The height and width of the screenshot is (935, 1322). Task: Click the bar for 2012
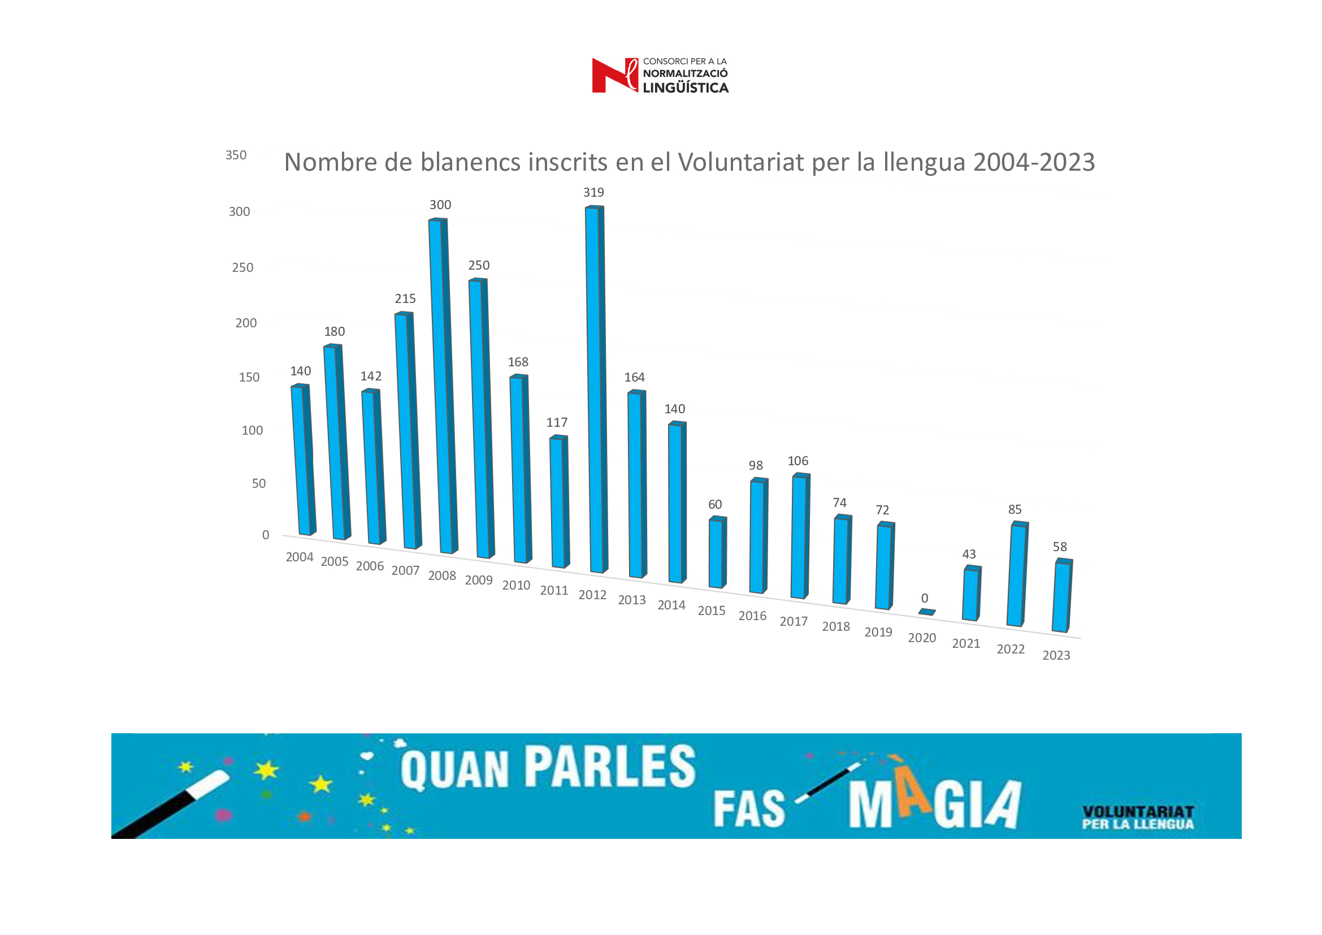(595, 389)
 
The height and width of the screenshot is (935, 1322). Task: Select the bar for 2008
(443, 386)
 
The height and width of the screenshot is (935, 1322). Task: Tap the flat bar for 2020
(926, 612)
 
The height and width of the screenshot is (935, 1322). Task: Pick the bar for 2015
(717, 553)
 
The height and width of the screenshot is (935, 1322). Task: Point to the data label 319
(593, 192)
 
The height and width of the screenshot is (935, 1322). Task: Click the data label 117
(557, 423)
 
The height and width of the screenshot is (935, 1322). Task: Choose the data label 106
(797, 461)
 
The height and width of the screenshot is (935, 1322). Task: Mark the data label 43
(969, 555)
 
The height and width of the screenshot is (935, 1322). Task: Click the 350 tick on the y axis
(236, 155)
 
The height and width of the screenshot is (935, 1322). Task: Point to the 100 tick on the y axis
(252, 431)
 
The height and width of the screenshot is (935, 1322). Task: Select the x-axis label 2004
(300, 557)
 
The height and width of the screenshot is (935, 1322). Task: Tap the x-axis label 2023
(1056, 655)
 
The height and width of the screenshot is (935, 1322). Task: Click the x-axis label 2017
(794, 621)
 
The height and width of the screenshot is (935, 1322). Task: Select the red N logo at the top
(614, 75)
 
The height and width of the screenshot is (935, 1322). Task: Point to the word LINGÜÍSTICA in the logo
(685, 88)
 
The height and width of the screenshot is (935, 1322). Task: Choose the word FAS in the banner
(749, 809)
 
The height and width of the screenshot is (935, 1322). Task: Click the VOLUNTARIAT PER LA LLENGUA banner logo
(1138, 817)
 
